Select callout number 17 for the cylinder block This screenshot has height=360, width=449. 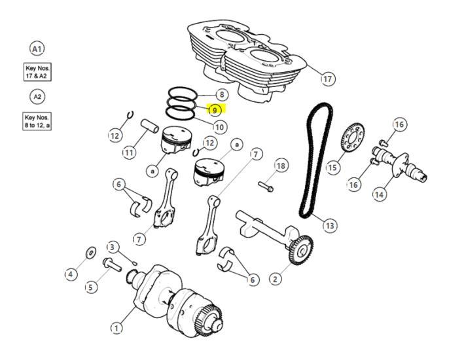pos(327,79)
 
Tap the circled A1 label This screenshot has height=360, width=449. pos(37,48)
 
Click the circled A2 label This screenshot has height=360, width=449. pos(37,97)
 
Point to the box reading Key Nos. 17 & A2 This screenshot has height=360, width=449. pos(37,72)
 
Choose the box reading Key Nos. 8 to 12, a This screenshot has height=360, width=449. pos(37,120)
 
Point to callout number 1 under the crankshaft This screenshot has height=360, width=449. pos(117,327)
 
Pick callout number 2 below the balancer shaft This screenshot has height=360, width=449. pos(275,279)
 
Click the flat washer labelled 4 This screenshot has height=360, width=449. pos(90,252)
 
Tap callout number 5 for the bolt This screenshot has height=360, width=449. pos(90,287)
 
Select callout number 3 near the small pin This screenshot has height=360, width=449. pos(113,247)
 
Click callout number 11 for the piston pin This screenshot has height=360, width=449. pos(129,153)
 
